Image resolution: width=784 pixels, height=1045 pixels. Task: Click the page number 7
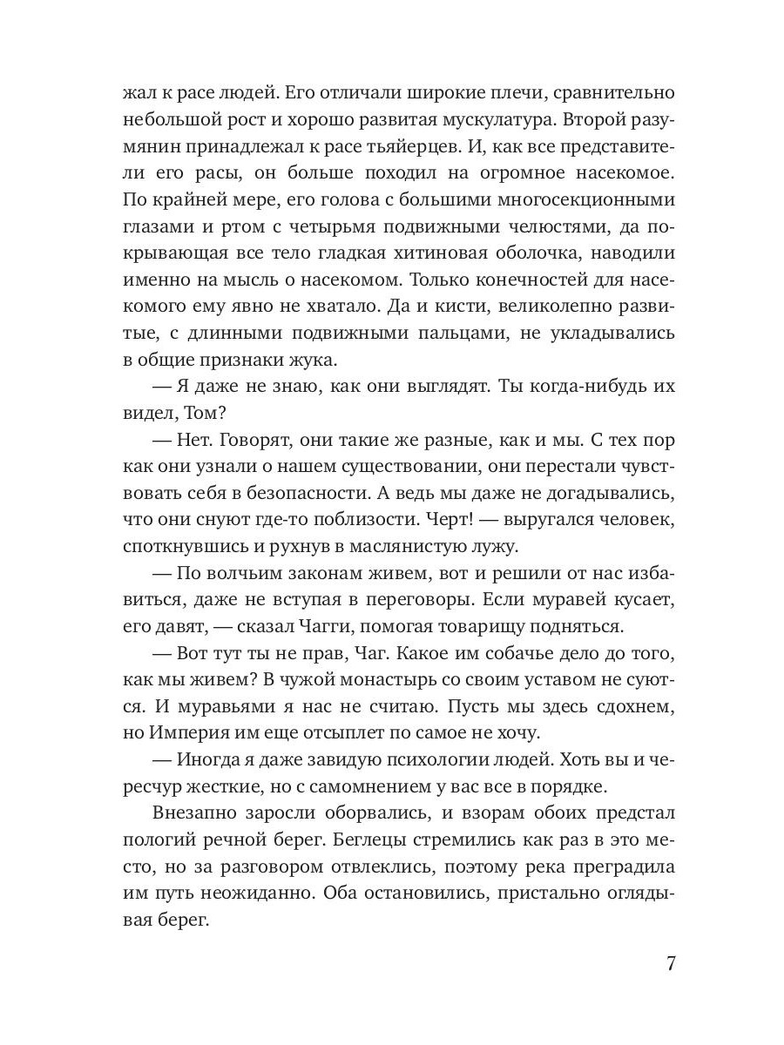[671, 965]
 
